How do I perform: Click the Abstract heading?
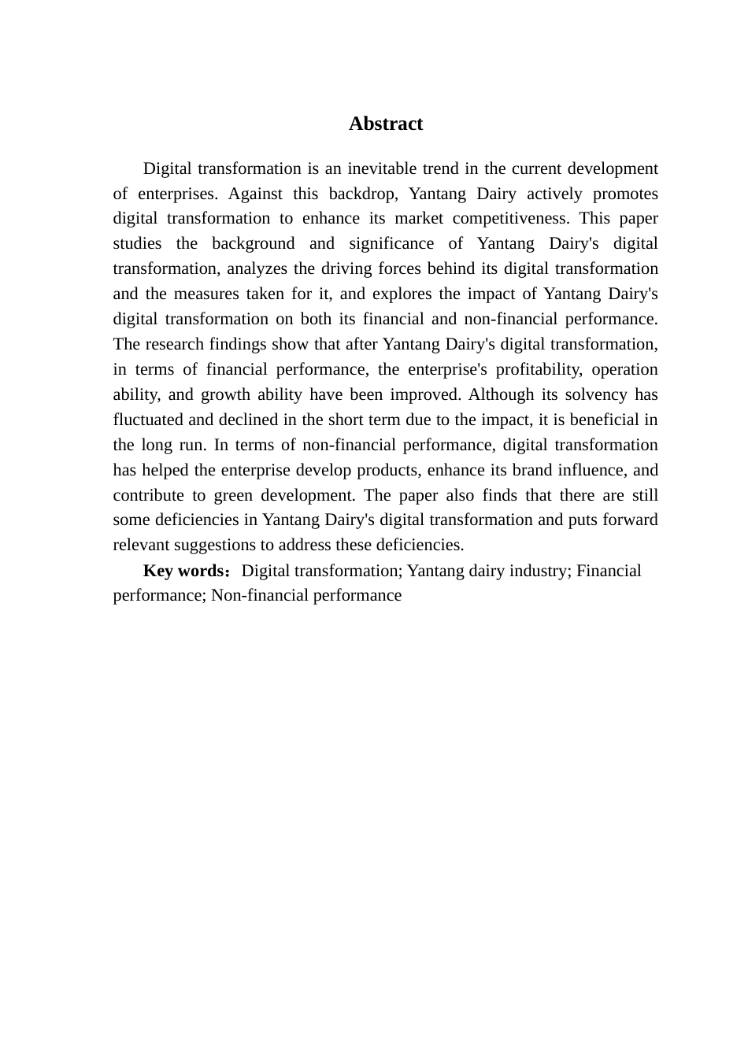tap(386, 124)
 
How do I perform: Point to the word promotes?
tap(625, 194)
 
